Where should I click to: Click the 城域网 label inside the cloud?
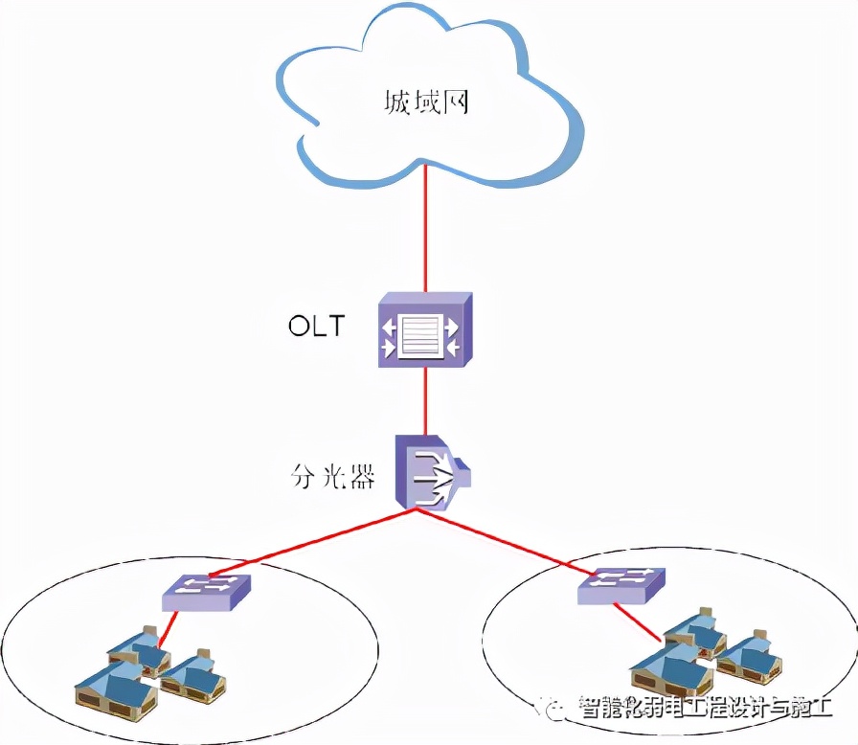[x=425, y=102]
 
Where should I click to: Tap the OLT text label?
[x=316, y=326]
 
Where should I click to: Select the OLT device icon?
[x=422, y=329]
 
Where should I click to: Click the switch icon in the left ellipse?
[x=206, y=592]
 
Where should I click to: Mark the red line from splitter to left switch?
[x=316, y=545]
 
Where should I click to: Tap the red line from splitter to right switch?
[x=508, y=542]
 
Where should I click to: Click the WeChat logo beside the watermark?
[x=558, y=708]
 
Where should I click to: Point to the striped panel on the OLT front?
[x=421, y=337]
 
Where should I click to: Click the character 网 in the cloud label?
[x=455, y=102]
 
